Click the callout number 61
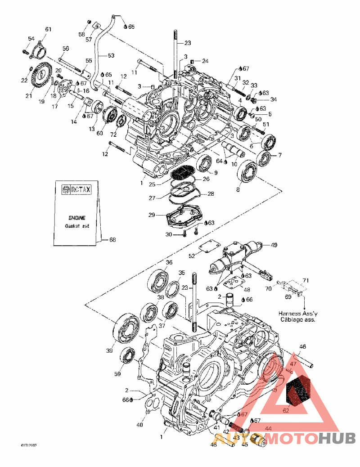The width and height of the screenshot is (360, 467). [x=48, y=29]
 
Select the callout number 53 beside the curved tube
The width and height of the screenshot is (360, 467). [x=111, y=56]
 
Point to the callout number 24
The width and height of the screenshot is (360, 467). [x=205, y=61]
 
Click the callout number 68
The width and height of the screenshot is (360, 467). [x=112, y=240]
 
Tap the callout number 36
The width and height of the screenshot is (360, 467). [x=169, y=263]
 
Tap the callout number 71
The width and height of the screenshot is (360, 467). [x=306, y=280]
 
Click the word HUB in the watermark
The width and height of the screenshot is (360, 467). [x=337, y=438]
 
